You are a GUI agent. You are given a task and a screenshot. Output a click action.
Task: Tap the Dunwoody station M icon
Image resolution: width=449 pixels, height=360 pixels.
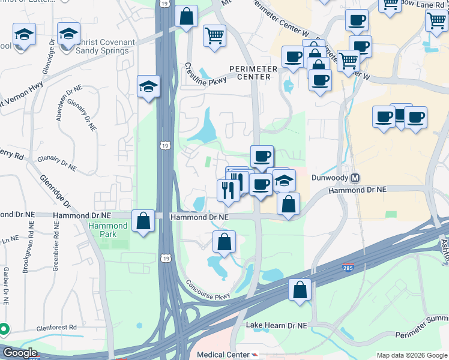(x=355, y=178)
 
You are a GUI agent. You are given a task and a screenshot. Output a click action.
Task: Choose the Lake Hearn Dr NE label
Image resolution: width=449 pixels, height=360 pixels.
(x=277, y=325)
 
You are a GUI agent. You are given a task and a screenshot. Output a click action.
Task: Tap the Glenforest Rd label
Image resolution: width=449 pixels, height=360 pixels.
(x=56, y=328)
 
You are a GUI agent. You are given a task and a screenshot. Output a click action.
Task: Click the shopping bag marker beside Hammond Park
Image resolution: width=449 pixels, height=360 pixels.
(x=144, y=221)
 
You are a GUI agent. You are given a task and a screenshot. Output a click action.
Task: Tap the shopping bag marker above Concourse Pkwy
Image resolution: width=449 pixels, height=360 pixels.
(x=224, y=242)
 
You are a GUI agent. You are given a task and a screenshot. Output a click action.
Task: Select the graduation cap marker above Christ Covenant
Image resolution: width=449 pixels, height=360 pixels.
(x=69, y=34)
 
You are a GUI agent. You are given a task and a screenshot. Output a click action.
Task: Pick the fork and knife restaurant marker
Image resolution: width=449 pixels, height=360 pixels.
(x=228, y=190)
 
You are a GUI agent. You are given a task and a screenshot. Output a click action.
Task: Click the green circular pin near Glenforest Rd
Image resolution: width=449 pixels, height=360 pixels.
(x=4, y=329)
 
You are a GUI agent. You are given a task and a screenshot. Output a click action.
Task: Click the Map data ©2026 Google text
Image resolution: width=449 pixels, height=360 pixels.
(x=411, y=355)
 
